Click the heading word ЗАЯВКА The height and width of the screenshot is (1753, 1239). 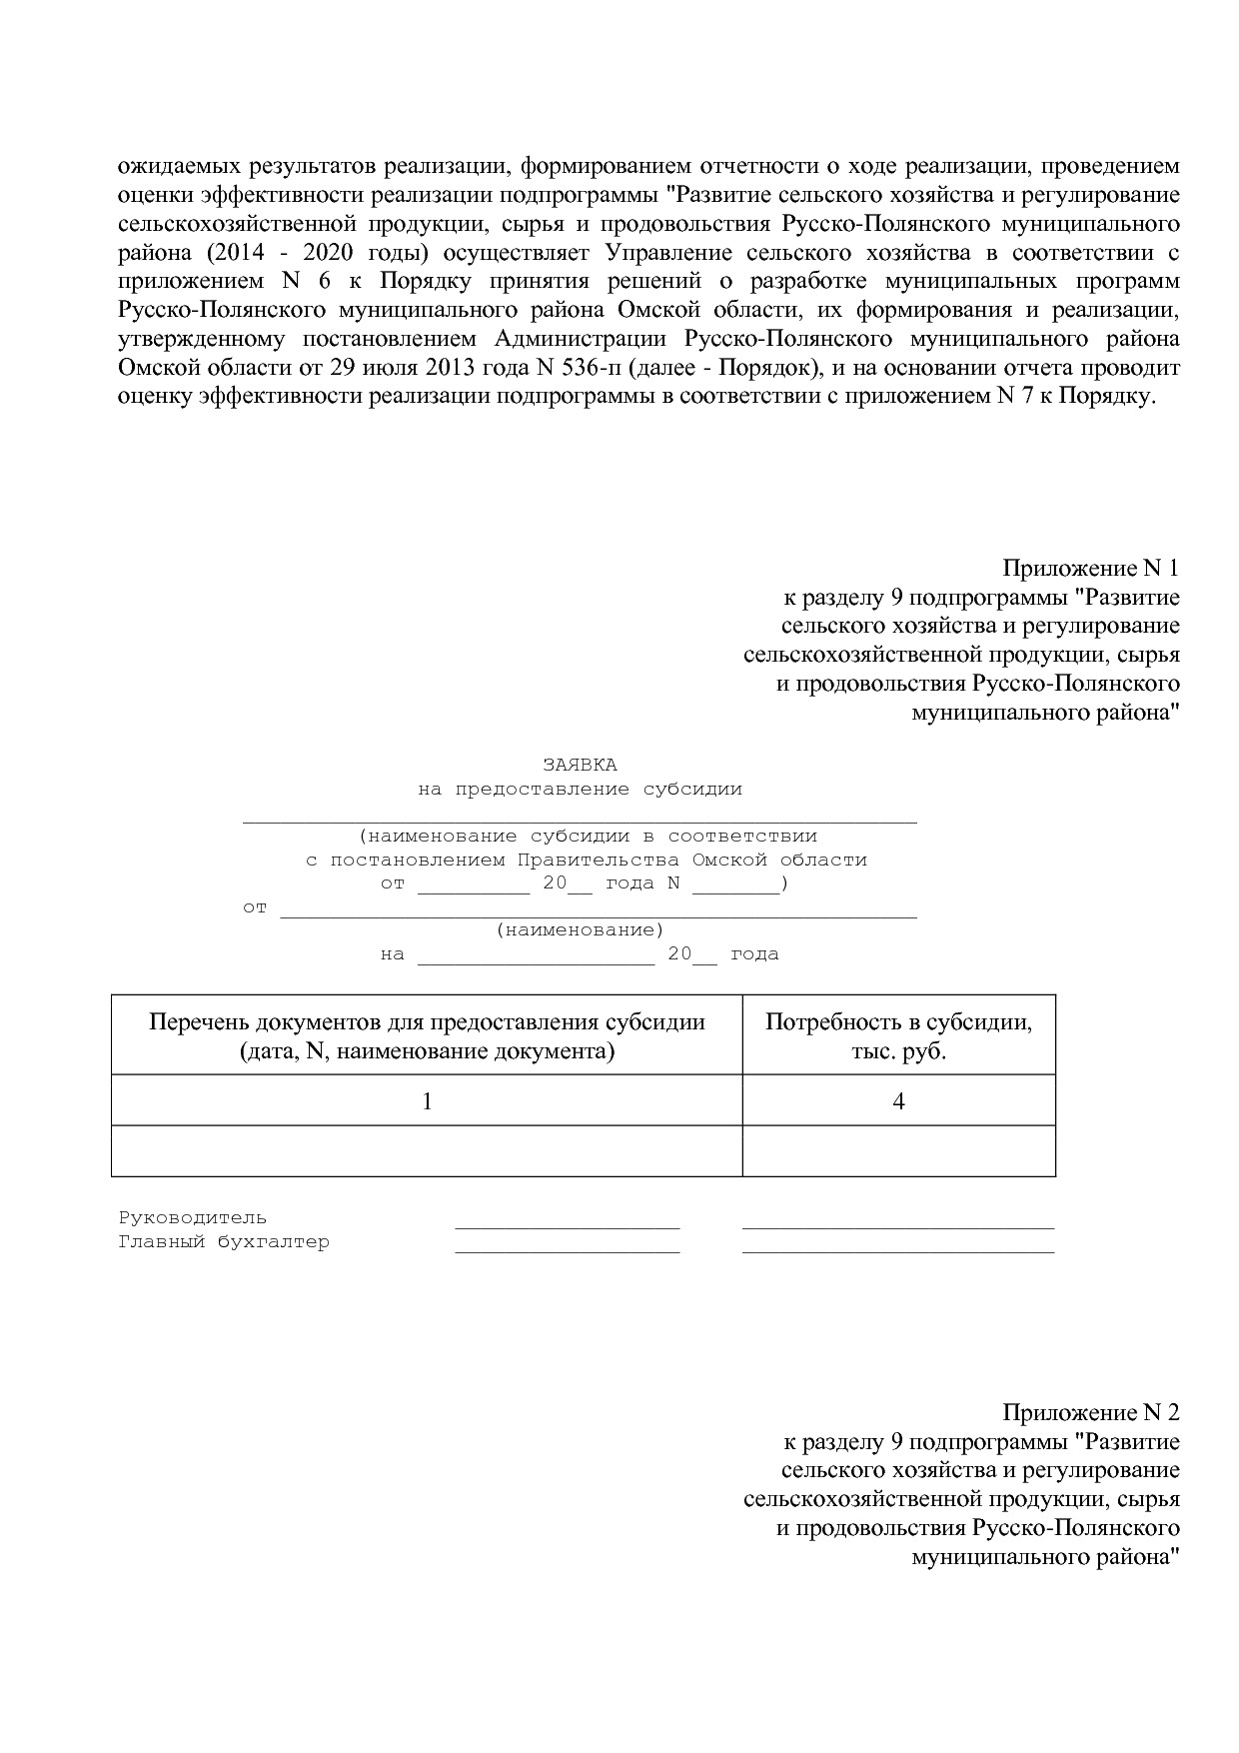[x=580, y=765]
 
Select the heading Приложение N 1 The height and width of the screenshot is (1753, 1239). [x=1090, y=569]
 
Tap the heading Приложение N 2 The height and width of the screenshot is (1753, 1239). [x=1090, y=1412]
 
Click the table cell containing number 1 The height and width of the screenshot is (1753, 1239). [x=427, y=1100]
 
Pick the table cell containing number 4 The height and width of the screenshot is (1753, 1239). [x=898, y=1100]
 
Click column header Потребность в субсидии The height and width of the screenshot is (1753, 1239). [x=898, y=1035]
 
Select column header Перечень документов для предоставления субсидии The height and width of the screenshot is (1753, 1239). [x=427, y=1035]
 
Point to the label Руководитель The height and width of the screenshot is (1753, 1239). [x=193, y=1217]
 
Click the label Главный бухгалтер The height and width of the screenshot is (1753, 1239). [x=224, y=1242]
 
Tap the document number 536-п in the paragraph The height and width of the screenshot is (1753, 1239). [x=586, y=368]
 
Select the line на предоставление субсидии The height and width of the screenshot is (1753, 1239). [x=580, y=789]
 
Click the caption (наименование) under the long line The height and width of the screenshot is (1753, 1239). [x=580, y=930]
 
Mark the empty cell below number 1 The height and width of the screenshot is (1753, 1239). [x=427, y=1150]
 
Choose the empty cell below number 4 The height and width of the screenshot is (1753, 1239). [x=898, y=1150]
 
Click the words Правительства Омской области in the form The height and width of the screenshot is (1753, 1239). [x=691, y=860]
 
